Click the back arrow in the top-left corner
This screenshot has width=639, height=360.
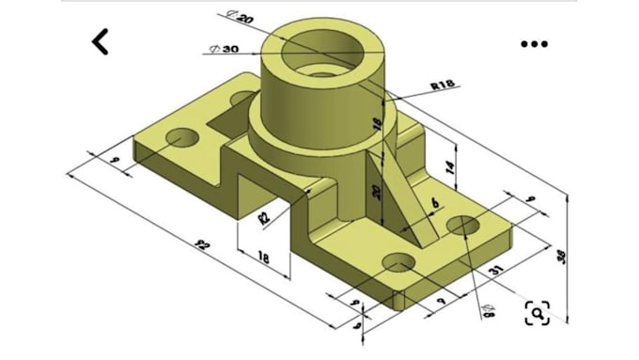[100, 41]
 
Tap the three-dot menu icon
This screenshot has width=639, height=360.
[534, 43]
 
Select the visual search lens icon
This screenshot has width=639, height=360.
[537, 313]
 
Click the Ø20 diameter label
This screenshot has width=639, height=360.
[241, 17]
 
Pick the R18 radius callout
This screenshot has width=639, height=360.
[443, 86]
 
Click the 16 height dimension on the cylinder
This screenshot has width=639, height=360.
[377, 124]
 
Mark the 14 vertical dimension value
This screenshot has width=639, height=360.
[449, 167]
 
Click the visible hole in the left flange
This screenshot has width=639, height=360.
[181, 141]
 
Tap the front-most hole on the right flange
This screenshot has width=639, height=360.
[397, 264]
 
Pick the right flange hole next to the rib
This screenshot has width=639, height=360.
[464, 226]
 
